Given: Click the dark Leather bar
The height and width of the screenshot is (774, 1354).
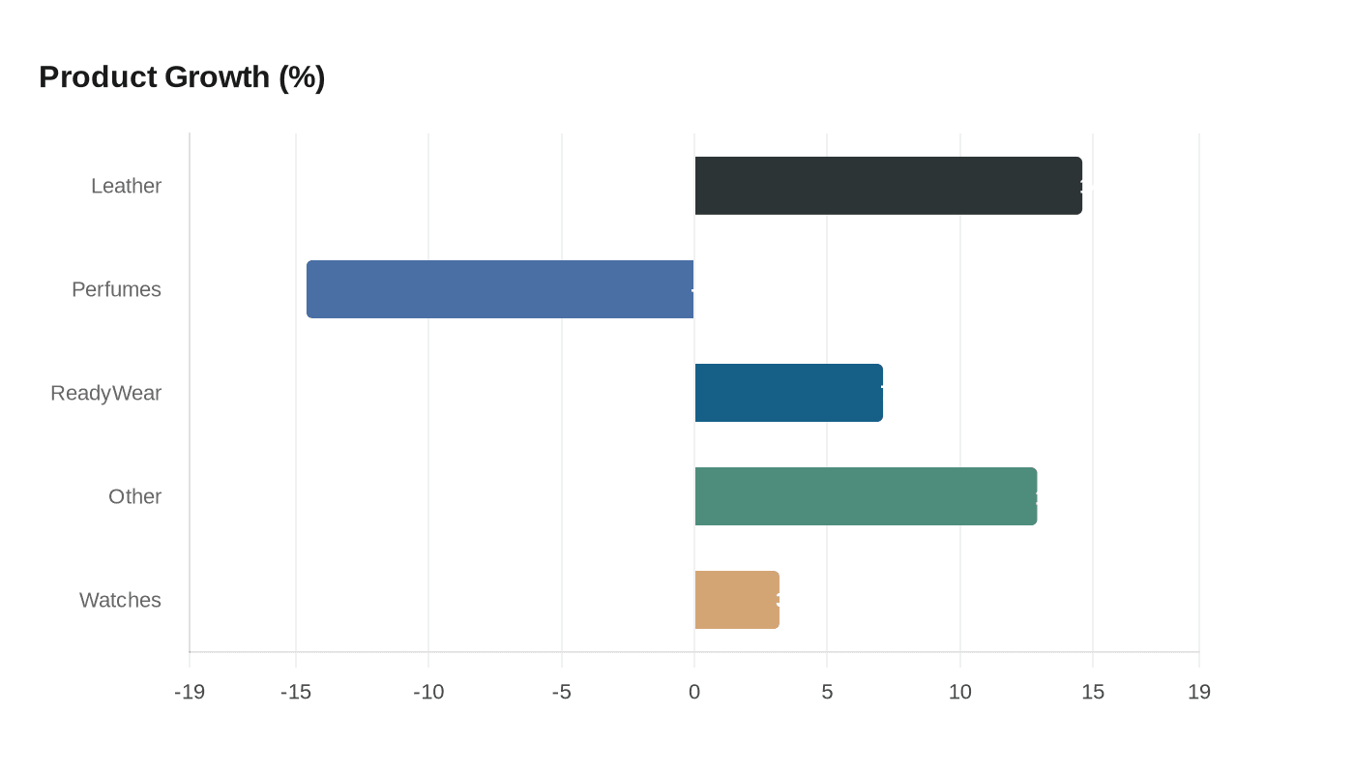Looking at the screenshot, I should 888,186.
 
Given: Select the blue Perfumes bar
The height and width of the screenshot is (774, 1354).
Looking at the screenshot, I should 500,289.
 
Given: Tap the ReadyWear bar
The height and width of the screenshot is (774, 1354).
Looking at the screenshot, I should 788,393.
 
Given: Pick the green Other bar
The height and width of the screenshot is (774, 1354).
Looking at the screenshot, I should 866,496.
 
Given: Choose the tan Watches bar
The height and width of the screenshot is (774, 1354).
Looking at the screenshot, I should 737,600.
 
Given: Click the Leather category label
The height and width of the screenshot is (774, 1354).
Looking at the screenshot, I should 126,186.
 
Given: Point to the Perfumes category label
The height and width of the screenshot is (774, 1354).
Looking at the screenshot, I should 116,289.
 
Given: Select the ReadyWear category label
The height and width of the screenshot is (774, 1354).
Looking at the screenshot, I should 105,393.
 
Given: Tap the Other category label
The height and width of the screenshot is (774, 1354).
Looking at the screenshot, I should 134,496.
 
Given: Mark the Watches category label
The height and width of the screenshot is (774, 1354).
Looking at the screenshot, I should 120,600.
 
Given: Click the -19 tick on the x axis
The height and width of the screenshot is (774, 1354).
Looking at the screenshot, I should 190,692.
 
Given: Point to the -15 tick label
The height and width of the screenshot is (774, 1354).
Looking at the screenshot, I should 295,692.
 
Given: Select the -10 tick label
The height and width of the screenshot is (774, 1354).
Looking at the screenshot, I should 428,692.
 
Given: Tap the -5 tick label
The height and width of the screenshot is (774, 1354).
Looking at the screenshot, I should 561,692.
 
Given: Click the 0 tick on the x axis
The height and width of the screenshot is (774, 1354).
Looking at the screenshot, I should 694,692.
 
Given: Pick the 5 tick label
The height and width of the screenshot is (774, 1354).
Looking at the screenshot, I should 827,692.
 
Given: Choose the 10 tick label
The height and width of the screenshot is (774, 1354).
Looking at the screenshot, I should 959,692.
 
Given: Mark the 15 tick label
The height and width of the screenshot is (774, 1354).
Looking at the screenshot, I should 1093,692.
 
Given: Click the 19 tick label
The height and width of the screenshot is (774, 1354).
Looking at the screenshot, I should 1199,692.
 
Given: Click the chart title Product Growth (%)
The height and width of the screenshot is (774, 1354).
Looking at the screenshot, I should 182,76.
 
